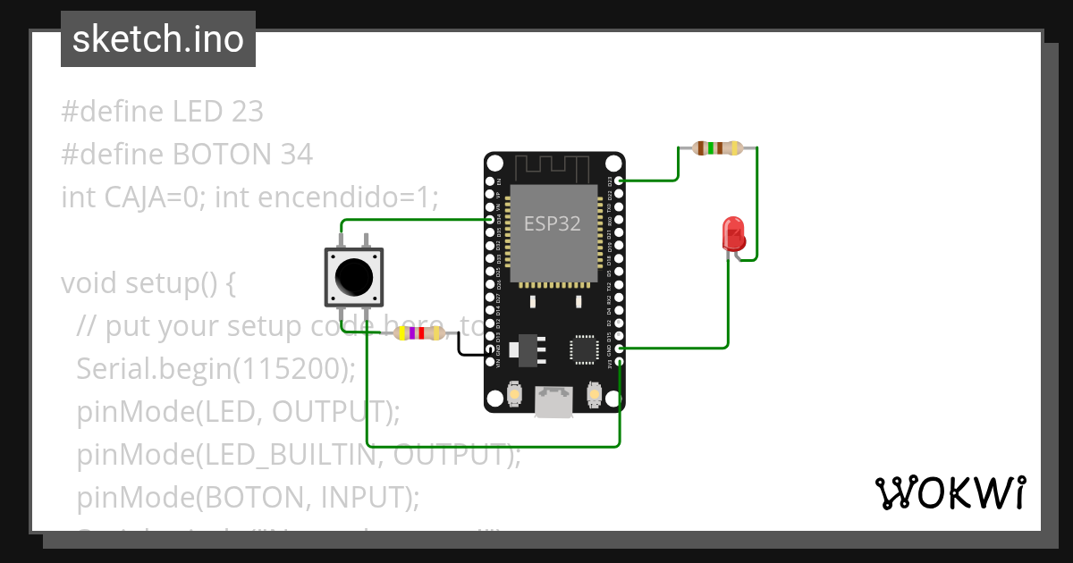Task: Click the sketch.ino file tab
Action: click(x=157, y=39)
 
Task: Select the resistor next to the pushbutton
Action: click(x=419, y=333)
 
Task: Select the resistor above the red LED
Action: click(x=718, y=148)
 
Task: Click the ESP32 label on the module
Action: click(x=552, y=223)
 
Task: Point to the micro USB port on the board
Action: click(x=554, y=401)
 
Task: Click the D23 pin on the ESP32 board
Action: click(x=619, y=181)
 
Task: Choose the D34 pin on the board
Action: click(x=490, y=219)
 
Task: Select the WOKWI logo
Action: click(x=949, y=492)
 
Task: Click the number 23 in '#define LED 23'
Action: click(x=247, y=112)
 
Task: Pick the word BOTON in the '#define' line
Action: click(x=224, y=155)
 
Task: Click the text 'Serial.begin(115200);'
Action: click(x=215, y=368)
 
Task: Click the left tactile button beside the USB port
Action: click(x=515, y=393)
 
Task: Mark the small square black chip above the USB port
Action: click(x=585, y=349)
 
